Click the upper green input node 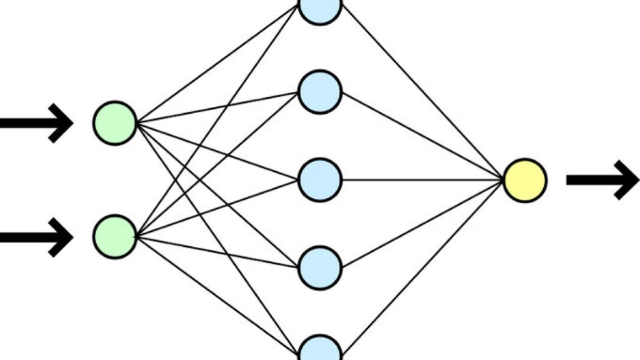(x=115, y=123)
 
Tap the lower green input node (x=115, y=236)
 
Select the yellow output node (x=525, y=180)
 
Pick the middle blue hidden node (x=320, y=180)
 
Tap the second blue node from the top (x=320, y=92)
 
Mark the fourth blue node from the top (x=320, y=267)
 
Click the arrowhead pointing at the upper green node (x=62, y=123)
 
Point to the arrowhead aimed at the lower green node (x=62, y=237)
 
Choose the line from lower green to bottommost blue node (x=216, y=294)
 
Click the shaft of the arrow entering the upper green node (x=25, y=123)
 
